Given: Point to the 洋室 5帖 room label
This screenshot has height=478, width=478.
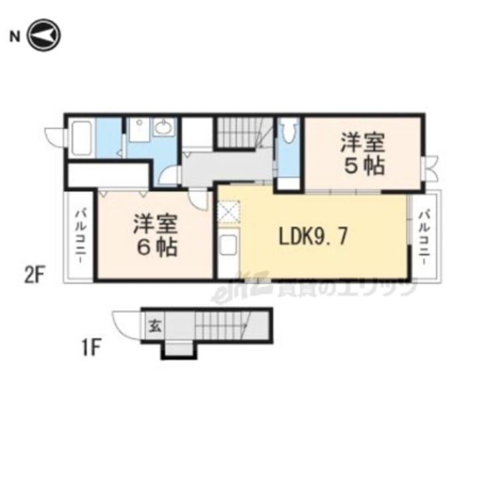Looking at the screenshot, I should tap(362, 154).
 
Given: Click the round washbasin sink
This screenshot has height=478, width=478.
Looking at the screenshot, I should tap(164, 127).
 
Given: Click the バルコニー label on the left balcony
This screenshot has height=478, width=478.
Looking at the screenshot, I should tap(80, 237).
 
